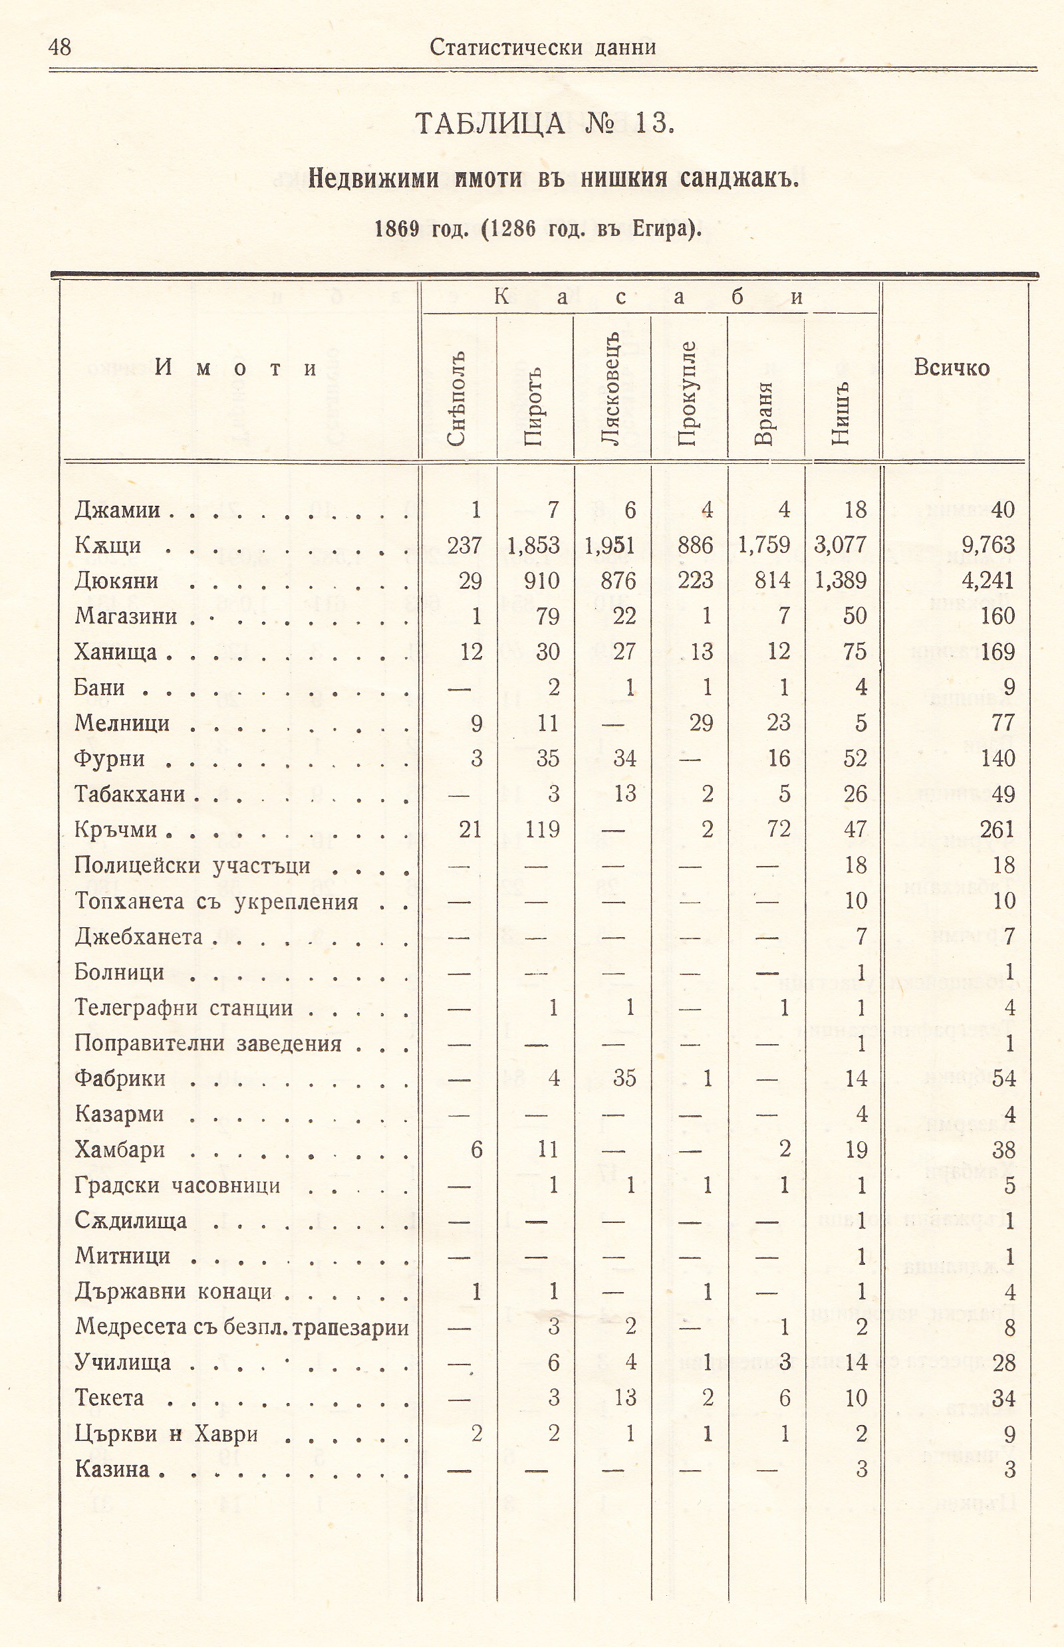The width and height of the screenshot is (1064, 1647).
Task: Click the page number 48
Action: tap(60, 47)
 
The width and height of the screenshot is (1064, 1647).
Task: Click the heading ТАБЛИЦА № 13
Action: tap(544, 124)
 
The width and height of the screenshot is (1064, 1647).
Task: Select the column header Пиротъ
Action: tap(533, 407)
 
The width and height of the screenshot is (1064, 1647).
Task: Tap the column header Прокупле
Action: tap(687, 393)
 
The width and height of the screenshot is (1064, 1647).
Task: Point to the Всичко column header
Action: tap(952, 368)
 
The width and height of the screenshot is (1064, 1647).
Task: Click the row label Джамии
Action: tap(117, 510)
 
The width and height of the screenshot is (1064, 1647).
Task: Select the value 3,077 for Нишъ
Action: tap(840, 546)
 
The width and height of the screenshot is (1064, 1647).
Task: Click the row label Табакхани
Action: tap(130, 794)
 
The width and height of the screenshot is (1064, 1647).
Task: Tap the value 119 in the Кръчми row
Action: tap(543, 829)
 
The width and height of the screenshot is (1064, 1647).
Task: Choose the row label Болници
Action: tap(119, 972)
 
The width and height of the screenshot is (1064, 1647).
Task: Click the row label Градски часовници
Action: tap(177, 1186)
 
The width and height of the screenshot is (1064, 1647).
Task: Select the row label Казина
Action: tap(112, 1469)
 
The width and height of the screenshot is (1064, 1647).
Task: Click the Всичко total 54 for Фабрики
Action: tap(1003, 1079)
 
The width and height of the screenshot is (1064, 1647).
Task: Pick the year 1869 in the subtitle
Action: tap(397, 228)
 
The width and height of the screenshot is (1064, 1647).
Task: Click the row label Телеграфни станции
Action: tap(184, 1008)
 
